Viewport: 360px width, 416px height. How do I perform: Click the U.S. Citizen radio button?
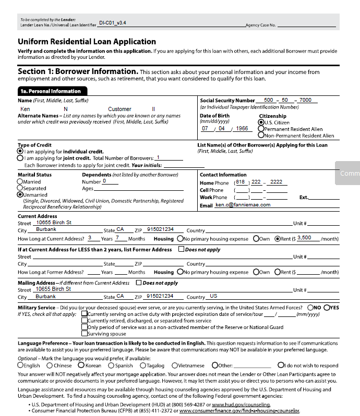261,123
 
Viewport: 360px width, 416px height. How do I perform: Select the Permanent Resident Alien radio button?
261,129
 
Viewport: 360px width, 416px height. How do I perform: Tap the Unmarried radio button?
20,194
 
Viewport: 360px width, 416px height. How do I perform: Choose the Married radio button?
20,182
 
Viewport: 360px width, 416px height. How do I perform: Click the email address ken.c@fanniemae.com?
243,205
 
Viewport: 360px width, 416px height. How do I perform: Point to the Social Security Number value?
287,100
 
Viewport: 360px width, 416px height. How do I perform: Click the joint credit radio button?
20,158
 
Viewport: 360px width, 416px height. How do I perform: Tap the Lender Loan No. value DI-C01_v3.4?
112,23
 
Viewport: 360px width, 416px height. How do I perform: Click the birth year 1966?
242,128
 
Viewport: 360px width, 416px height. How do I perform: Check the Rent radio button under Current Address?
278,238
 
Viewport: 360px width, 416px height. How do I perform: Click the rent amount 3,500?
304,238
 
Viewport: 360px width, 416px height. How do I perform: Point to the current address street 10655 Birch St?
54,223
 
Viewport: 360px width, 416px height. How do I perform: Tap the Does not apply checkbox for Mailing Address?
139,283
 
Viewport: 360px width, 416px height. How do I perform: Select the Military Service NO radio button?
310,308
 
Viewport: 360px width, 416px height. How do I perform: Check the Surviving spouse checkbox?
84,334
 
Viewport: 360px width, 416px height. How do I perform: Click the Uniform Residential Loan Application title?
87,42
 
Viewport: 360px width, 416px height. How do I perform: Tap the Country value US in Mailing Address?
213,296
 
